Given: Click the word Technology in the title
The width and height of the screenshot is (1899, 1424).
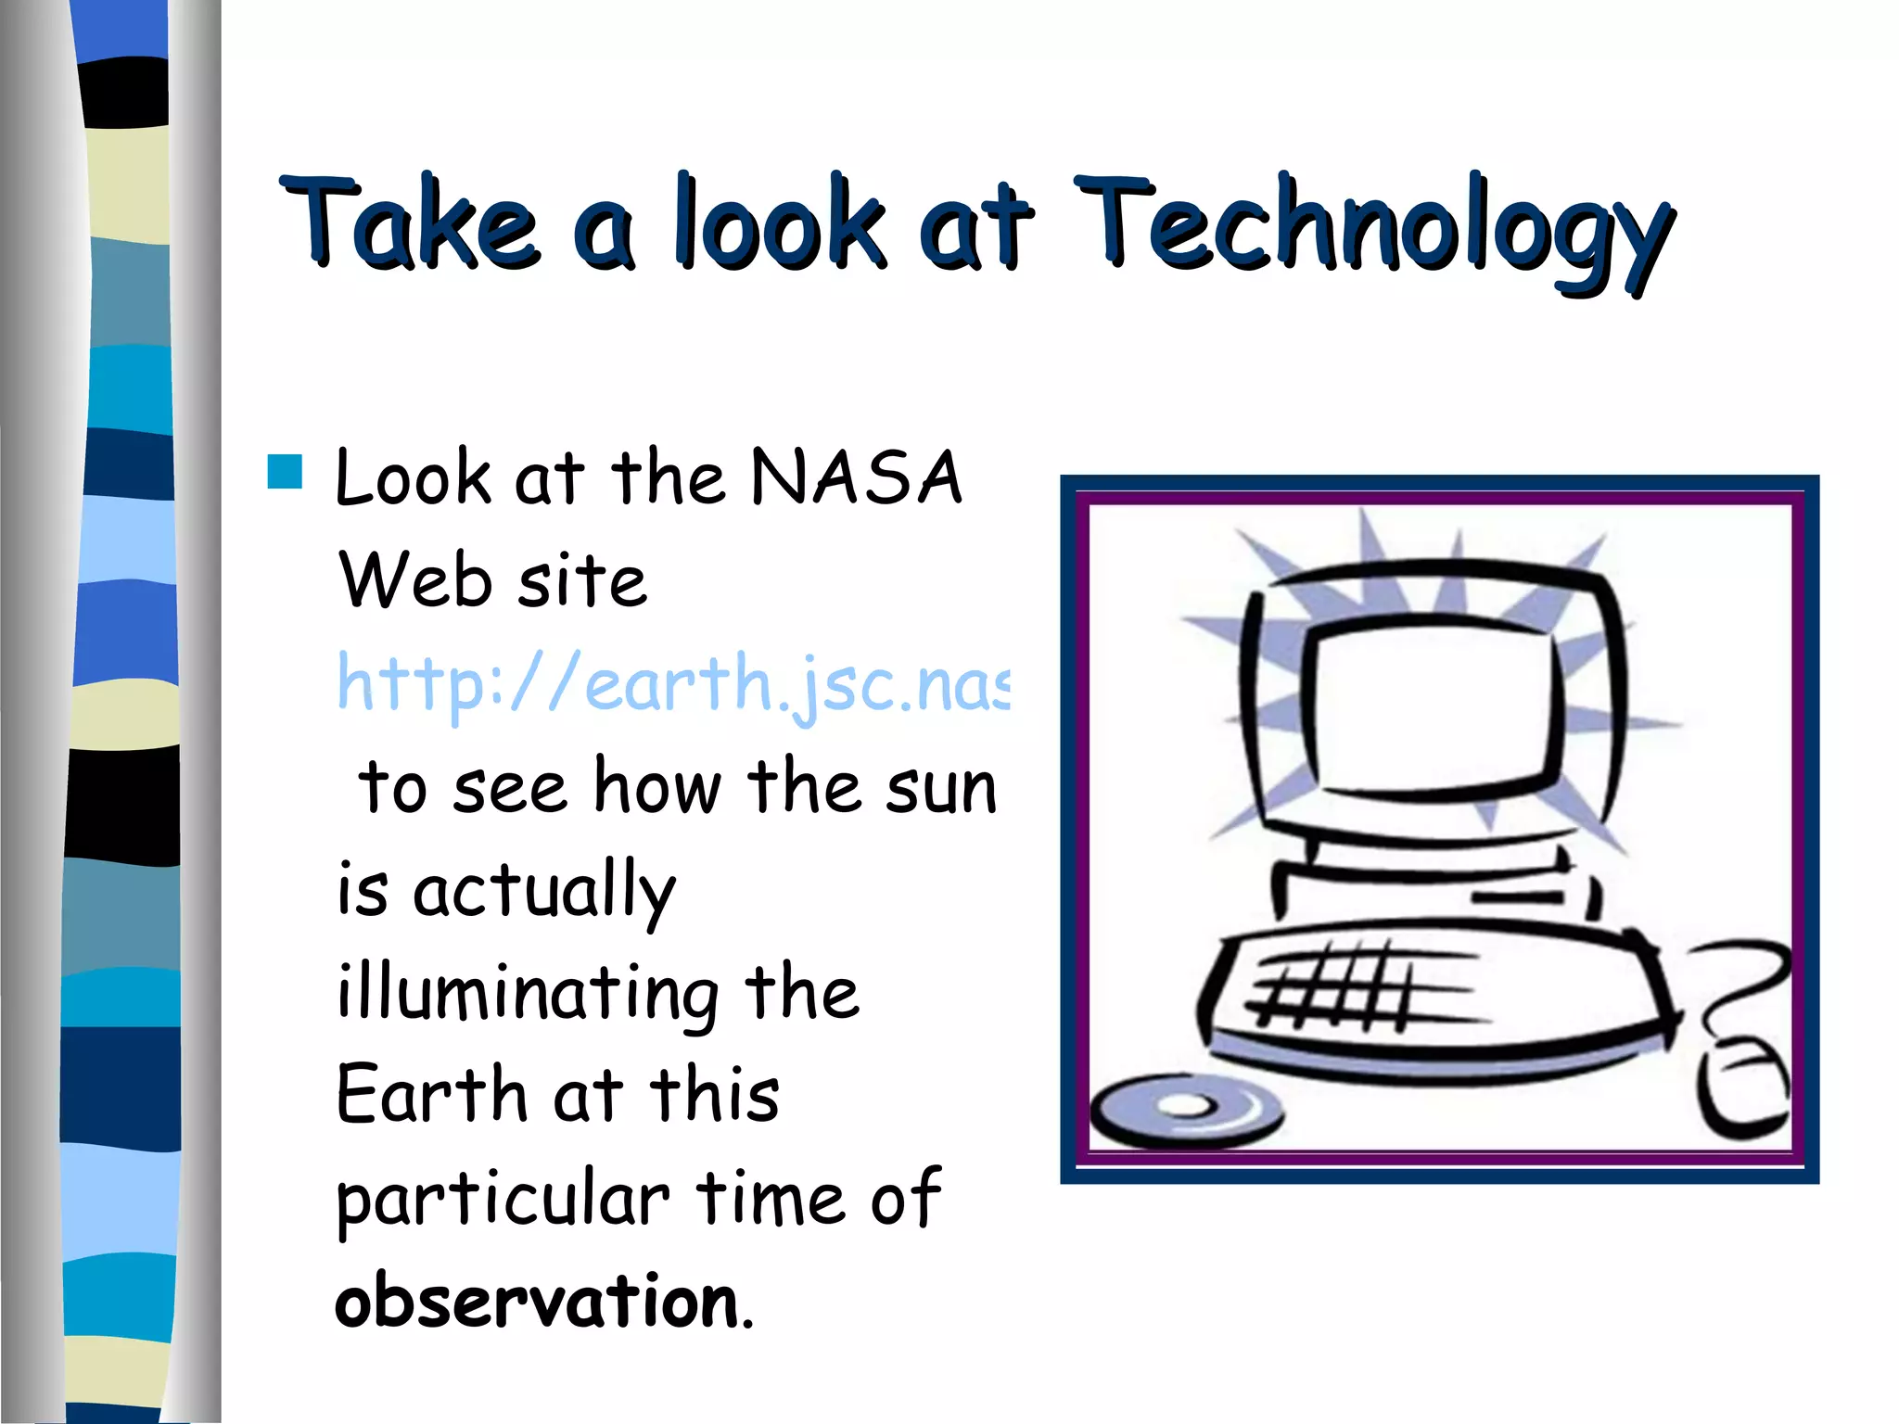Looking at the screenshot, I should (x=1372, y=227).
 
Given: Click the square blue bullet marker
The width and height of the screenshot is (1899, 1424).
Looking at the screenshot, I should (x=285, y=471).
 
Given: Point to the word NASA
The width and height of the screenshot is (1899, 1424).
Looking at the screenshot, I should (x=856, y=478).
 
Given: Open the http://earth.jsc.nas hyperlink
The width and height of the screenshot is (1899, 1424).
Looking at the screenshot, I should (x=672, y=684).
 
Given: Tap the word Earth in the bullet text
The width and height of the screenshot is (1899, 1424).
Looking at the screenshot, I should (x=431, y=1095).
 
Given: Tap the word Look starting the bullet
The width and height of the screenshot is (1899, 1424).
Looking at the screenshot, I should (x=413, y=478).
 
